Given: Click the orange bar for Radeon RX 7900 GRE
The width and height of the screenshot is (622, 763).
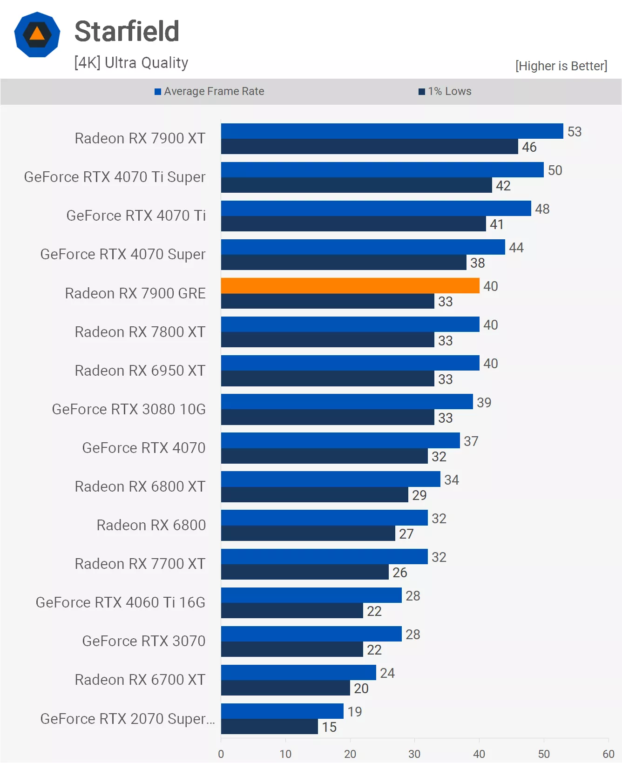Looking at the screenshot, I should pyautogui.click(x=350, y=285).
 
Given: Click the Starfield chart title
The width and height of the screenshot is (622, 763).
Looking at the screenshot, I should pyautogui.click(x=127, y=32).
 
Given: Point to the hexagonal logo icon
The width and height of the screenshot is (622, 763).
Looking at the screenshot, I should pyautogui.click(x=37, y=35).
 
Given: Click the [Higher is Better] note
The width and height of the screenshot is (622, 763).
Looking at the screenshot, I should pyautogui.click(x=561, y=66).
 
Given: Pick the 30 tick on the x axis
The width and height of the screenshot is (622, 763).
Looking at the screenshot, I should pyautogui.click(x=414, y=754).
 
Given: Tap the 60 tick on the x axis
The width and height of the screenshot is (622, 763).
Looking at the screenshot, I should pyautogui.click(x=608, y=754).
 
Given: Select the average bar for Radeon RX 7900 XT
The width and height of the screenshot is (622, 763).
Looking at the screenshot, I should pyautogui.click(x=392, y=131).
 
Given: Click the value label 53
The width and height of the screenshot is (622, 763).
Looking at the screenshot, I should pyautogui.click(x=574, y=132).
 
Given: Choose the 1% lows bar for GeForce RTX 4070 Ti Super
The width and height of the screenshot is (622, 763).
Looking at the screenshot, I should pyautogui.click(x=356, y=185).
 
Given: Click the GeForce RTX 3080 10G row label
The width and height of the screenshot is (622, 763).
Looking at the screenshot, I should pyautogui.click(x=128, y=409).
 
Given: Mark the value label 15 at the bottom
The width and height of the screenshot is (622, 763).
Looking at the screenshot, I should pyautogui.click(x=329, y=727).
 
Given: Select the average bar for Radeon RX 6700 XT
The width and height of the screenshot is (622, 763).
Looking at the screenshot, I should pyautogui.click(x=298, y=672).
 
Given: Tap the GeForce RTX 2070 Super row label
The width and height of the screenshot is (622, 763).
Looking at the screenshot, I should pyautogui.click(x=127, y=719).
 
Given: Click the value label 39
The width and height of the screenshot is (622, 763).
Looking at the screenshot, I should pyautogui.click(x=484, y=402).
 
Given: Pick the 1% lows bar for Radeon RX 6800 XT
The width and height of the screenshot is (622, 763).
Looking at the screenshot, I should pyautogui.click(x=314, y=495).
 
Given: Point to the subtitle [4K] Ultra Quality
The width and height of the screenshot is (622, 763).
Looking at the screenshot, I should pyautogui.click(x=131, y=63).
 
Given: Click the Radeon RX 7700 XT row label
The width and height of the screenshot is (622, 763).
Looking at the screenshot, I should pyautogui.click(x=140, y=564).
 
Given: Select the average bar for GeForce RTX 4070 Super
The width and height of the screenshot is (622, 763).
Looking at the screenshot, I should pyautogui.click(x=363, y=247).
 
